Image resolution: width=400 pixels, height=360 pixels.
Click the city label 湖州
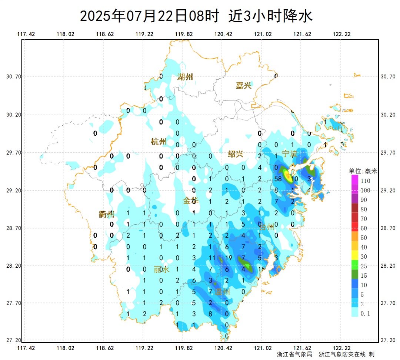pos(185,77)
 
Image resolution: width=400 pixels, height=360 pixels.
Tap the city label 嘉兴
pos(243,86)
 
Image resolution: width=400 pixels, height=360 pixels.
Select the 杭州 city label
pos(159,142)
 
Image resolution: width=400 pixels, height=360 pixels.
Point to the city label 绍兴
pos(235,154)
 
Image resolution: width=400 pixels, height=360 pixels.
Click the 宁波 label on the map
pos(290,153)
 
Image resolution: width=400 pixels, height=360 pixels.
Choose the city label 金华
pos(191,201)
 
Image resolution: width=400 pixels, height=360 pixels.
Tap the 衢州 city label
pos(106,214)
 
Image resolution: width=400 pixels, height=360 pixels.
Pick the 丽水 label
pos(161,270)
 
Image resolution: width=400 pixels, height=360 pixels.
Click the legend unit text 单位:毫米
pos(363,171)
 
